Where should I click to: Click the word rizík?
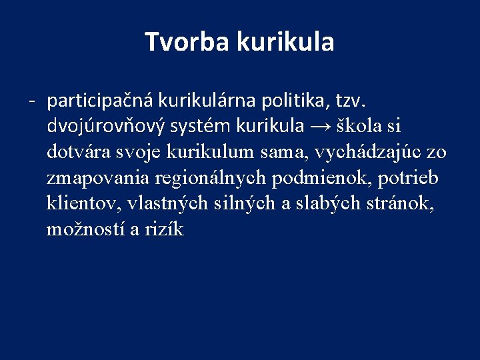point(164,229)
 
